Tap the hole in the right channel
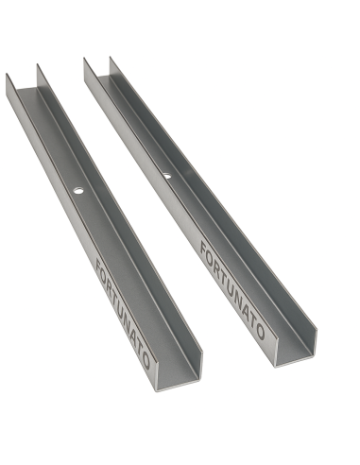click(166, 175)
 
